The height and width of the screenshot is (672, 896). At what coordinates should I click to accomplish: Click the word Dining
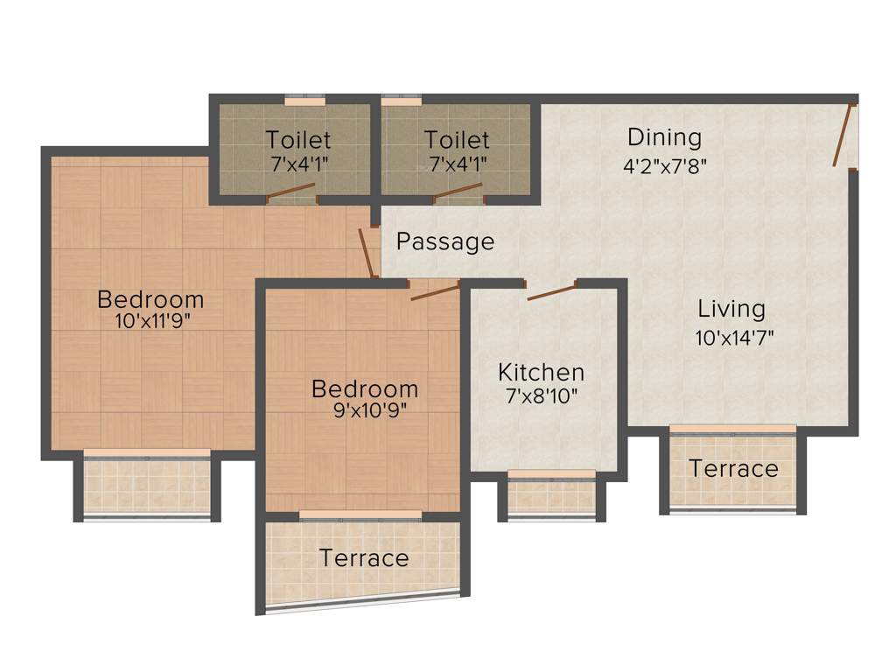click(x=665, y=138)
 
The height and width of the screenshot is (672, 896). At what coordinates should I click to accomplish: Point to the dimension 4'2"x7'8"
click(x=664, y=165)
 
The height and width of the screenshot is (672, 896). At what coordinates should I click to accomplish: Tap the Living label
click(x=731, y=309)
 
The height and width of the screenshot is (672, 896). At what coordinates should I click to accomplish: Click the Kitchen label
click(x=541, y=372)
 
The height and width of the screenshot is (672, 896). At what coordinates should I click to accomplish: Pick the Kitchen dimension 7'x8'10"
click(x=541, y=396)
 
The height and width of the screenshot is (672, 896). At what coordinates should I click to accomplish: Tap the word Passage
click(x=445, y=241)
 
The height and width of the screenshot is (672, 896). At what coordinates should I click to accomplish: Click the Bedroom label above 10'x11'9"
click(x=150, y=299)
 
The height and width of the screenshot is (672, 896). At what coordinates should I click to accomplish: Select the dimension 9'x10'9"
click(x=365, y=411)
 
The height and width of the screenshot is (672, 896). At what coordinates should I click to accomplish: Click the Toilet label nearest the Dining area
click(x=457, y=140)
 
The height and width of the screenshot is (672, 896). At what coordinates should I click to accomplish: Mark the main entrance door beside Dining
click(x=843, y=135)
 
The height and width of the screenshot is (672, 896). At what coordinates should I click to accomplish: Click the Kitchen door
click(x=551, y=291)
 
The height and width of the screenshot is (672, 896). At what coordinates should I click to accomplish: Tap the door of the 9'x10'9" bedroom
click(x=435, y=291)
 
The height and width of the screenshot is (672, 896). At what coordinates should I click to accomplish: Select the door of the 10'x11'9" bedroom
click(x=367, y=253)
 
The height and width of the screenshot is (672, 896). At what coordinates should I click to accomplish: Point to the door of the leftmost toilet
click(x=290, y=192)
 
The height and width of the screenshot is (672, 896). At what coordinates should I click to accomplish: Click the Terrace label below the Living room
click(x=733, y=469)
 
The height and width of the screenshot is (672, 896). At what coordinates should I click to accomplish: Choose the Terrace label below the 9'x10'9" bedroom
click(x=363, y=558)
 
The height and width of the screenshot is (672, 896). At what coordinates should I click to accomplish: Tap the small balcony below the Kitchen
click(x=551, y=495)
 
